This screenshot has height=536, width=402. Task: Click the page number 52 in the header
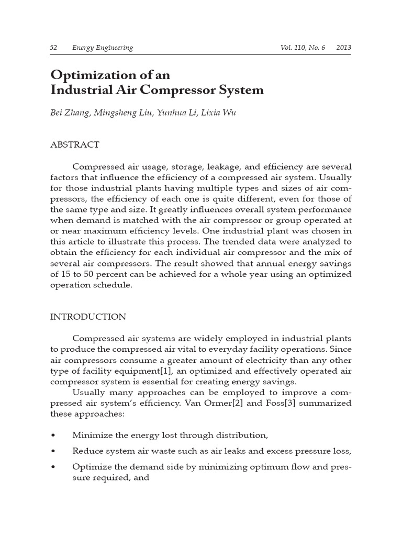(x=53, y=48)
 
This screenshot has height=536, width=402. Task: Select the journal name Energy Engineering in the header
(x=103, y=48)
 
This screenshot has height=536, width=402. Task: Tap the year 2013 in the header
(x=344, y=48)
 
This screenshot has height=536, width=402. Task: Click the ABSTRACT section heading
(x=74, y=144)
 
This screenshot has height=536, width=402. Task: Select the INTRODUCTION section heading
(x=88, y=317)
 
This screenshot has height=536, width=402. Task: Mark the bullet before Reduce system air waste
(x=53, y=451)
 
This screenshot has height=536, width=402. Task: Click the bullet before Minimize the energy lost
(x=53, y=435)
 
